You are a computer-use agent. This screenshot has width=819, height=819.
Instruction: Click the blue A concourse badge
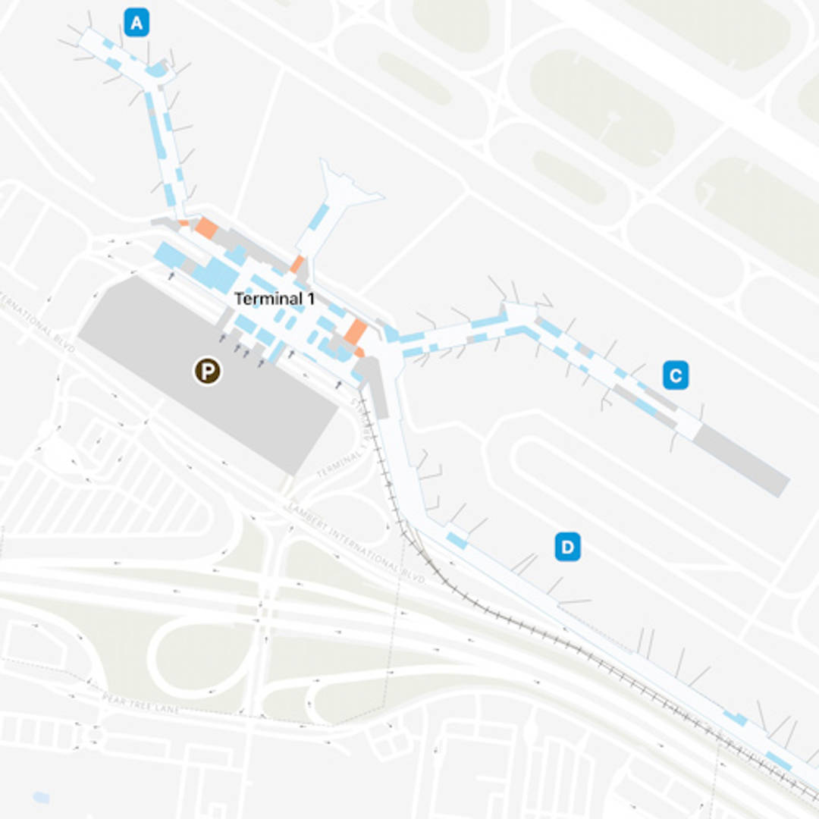[x=136, y=23]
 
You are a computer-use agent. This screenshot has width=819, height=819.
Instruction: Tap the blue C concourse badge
[x=675, y=375]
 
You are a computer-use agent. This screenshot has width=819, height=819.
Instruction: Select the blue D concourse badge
[x=567, y=547]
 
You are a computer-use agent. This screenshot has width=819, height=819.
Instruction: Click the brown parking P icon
[x=207, y=371]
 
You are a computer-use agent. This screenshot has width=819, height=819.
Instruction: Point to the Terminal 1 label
[x=275, y=299]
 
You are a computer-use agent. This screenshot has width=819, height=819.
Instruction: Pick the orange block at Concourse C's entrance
[x=355, y=331]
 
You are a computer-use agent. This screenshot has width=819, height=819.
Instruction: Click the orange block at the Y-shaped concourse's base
[x=297, y=265]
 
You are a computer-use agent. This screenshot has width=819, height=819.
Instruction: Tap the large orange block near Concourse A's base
[x=206, y=227]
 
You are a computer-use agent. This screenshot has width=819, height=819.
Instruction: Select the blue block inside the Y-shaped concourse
[x=319, y=217]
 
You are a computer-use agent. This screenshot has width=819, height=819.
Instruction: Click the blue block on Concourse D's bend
[x=457, y=540]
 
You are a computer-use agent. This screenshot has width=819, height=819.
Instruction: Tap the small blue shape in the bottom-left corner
[x=41, y=797]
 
